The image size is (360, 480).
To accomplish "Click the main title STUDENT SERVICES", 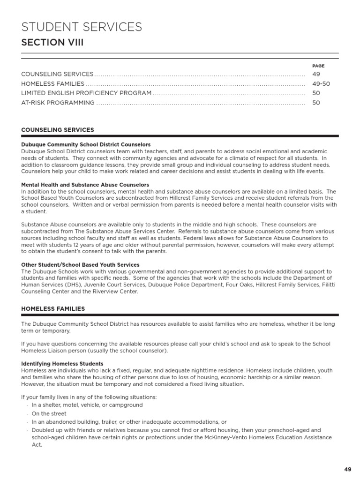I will click(x=82, y=27).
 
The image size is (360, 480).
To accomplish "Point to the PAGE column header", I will click(x=318, y=66).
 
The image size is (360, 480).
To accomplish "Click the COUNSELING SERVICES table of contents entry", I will click(x=57, y=75).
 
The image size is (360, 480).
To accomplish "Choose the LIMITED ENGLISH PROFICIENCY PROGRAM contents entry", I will click(x=86, y=93).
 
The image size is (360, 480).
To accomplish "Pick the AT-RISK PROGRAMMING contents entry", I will click(x=58, y=103).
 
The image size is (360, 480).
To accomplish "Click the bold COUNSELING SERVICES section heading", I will click(x=58, y=130).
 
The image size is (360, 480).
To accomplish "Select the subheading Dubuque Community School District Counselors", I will click(x=86, y=145).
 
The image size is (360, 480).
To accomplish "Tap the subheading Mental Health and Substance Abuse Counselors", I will click(x=85, y=185).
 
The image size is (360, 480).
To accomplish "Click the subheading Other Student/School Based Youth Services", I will click(x=80, y=265).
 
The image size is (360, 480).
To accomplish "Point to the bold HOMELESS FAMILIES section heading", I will click(x=53, y=309).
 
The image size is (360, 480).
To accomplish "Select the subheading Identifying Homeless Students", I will click(x=62, y=364).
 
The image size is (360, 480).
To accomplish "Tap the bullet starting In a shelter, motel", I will click(x=87, y=405).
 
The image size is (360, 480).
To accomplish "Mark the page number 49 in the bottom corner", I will click(x=347, y=469).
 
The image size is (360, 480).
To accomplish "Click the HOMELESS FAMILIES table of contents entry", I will click(x=53, y=84).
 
